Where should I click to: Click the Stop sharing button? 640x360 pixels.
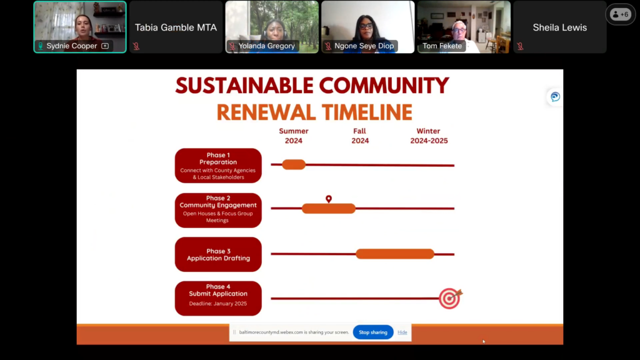click(x=373, y=332)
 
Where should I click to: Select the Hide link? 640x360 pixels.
click(x=402, y=332)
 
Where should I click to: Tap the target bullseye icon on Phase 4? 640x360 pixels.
click(x=450, y=298)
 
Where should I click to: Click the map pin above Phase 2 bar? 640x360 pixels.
click(x=329, y=199)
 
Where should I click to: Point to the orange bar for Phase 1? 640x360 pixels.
click(x=294, y=164)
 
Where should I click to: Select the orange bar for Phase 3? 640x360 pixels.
click(x=395, y=254)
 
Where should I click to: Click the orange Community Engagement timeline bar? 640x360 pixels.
click(x=329, y=209)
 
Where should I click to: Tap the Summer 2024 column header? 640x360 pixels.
click(x=294, y=136)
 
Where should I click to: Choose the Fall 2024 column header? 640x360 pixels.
click(x=359, y=136)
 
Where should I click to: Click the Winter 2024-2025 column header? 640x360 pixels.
click(x=429, y=136)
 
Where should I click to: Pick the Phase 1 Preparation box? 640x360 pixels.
click(x=218, y=165)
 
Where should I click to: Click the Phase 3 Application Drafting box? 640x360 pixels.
click(x=218, y=254)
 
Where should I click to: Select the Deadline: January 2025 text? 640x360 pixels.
click(x=218, y=304)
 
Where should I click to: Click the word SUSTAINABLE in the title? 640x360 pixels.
click(x=244, y=86)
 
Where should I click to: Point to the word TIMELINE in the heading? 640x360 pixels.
click(x=367, y=112)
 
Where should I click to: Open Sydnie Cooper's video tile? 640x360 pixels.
click(x=80, y=27)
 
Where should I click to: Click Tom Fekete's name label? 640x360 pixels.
click(x=442, y=46)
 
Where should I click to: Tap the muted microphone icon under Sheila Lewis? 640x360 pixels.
click(x=520, y=46)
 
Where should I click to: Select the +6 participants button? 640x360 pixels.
click(x=620, y=15)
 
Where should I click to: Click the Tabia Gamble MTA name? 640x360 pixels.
click(x=176, y=27)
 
